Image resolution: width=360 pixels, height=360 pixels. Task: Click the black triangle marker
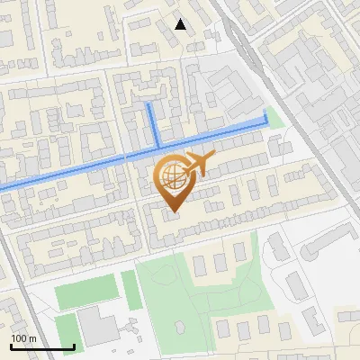pyautogui.click(x=181, y=24)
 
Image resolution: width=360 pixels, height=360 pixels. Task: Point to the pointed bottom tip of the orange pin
pyautogui.click(x=173, y=212)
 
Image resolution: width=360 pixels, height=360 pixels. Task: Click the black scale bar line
pyautogui.click(x=42, y=346)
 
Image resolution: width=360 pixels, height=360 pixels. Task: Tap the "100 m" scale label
pyautogui.click(x=23, y=338)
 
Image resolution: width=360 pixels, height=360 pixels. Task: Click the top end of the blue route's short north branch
pyautogui.click(x=149, y=104)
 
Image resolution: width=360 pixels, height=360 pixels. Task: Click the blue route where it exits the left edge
pyautogui.click(x=2, y=186)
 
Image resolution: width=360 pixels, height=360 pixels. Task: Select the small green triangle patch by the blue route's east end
pyautogui.click(x=275, y=118)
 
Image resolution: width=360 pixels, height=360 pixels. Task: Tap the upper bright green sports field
pyautogui.click(x=86, y=293)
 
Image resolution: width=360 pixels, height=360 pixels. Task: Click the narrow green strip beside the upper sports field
pyautogui.click(x=130, y=289)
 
